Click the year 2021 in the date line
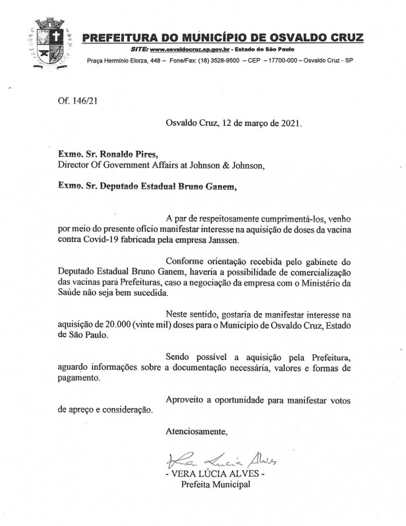[x=289, y=123]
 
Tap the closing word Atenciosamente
[x=196, y=432]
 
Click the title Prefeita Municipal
[x=216, y=485]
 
